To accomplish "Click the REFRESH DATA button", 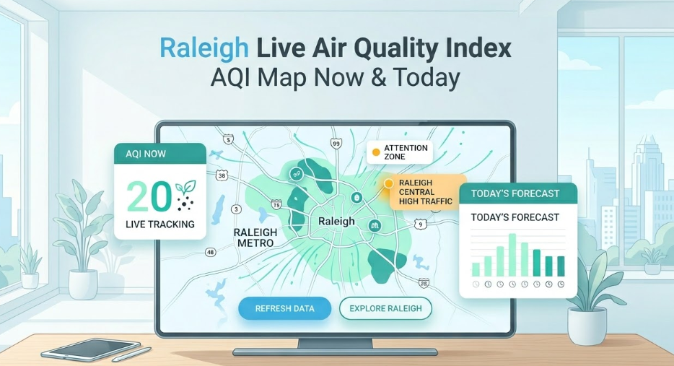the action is pos(284,308).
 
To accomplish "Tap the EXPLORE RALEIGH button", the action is pos(385,308).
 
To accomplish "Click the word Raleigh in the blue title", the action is pos(204,48).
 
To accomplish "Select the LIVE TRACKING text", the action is pos(160,224).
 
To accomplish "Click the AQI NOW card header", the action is pos(160,154).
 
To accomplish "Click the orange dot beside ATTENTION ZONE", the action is pos(376,152).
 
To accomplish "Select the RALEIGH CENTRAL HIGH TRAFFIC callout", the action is pos(426,192).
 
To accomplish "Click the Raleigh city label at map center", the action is pos(336,221).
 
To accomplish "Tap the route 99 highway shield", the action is pos(336,144).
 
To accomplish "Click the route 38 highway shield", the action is pos(222,175).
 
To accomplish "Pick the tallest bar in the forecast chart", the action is pos(512,255).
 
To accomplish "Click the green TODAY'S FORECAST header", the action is pos(518,193).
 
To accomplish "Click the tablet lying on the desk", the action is pos(91,349).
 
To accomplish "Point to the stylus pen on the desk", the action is pos(131,354).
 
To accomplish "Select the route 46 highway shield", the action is pos(210,253).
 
